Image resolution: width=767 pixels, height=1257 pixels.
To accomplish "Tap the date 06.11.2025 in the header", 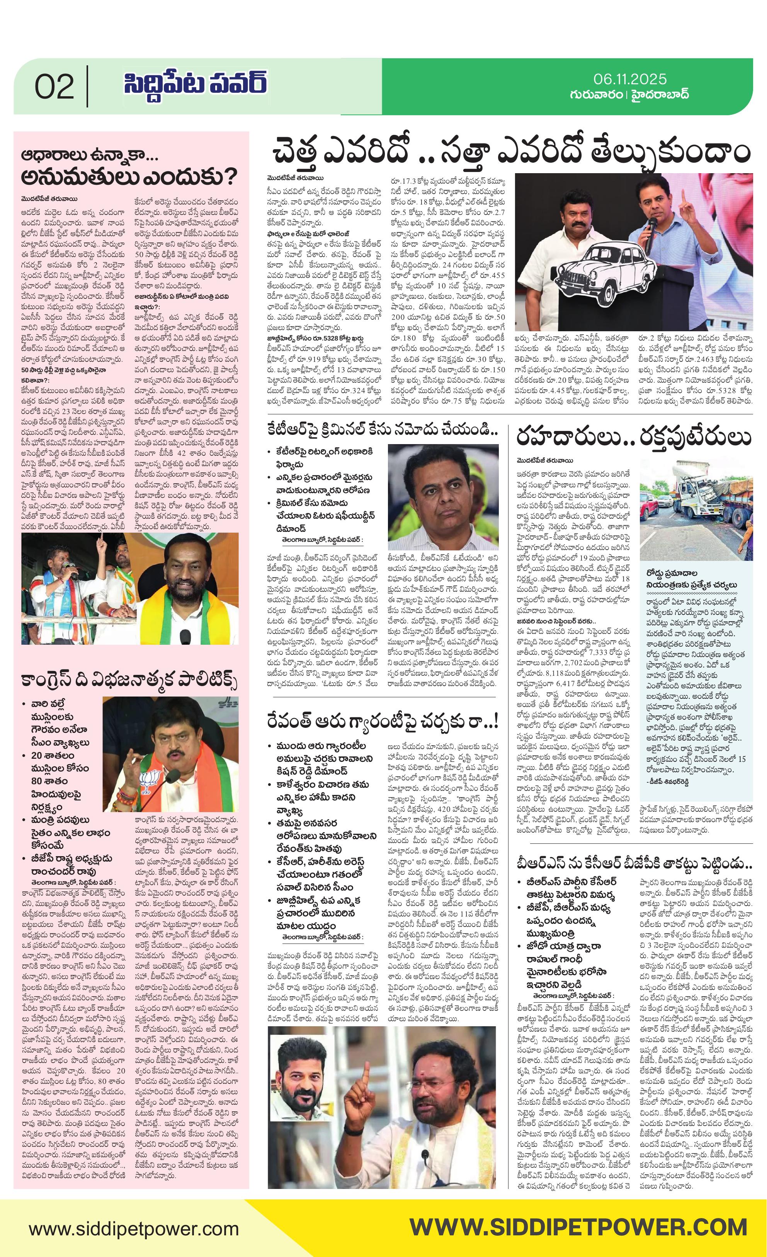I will (630, 79).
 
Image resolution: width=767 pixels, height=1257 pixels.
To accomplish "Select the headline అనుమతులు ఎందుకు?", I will (129, 177).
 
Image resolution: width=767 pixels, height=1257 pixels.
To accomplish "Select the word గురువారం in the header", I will (596, 95).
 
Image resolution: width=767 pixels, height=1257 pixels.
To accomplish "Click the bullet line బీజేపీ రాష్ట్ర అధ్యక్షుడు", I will (71, 858).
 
